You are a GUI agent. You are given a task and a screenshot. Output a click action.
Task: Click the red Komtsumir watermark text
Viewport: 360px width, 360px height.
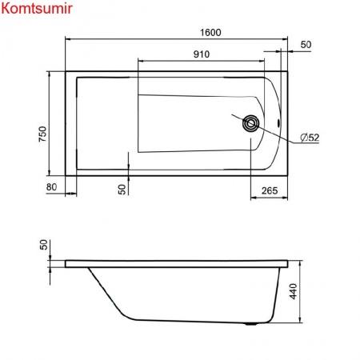point(37,8)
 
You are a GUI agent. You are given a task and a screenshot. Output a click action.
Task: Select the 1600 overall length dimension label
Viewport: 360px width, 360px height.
point(210,33)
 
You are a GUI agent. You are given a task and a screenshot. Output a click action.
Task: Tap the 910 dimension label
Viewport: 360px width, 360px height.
point(202,54)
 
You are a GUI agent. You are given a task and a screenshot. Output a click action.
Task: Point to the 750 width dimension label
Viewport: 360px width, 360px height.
point(43,134)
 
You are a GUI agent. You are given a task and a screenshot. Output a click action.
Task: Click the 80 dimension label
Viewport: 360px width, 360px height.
point(51,187)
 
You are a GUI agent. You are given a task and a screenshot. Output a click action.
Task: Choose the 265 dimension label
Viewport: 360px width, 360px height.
point(270,190)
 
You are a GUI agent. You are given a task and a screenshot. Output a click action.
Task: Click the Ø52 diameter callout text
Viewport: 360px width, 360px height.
point(310,138)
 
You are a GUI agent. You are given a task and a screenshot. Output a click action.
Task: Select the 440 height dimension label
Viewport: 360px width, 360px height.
point(294,291)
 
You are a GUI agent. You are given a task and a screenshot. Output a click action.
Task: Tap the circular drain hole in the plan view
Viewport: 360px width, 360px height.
point(250,123)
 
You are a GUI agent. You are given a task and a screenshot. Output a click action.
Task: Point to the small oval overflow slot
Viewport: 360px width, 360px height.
point(279,123)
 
